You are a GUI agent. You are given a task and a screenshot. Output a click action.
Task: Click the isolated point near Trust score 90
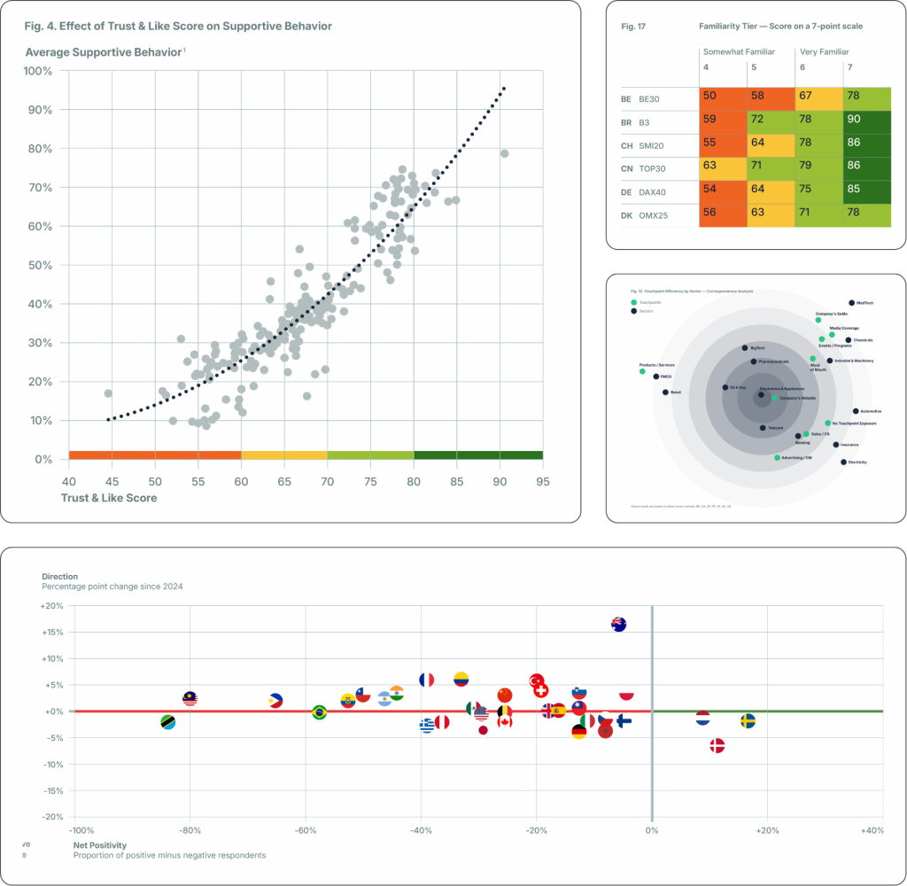[504, 153]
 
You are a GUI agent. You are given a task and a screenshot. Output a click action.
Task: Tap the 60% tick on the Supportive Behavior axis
[40, 226]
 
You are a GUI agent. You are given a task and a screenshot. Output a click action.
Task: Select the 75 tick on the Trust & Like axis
[370, 481]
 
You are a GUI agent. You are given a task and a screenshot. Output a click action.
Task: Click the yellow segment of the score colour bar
[283, 455]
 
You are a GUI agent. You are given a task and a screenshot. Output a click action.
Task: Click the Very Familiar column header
[823, 52]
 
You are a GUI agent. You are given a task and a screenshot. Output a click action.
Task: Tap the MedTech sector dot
[851, 303]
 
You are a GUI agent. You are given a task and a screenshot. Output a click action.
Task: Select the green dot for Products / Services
[642, 371]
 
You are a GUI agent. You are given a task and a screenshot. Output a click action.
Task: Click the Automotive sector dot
[856, 411]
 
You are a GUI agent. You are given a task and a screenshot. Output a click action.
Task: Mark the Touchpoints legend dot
[634, 302]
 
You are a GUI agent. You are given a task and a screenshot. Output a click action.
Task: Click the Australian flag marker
[619, 624]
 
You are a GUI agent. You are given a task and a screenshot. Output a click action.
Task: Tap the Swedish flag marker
[748, 720]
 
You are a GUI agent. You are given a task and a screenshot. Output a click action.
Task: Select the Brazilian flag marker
[320, 711]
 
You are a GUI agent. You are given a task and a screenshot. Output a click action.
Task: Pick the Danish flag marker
[717, 746]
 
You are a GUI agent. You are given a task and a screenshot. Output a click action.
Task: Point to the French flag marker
[426, 680]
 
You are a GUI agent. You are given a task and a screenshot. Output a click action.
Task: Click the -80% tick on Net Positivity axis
[189, 831]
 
